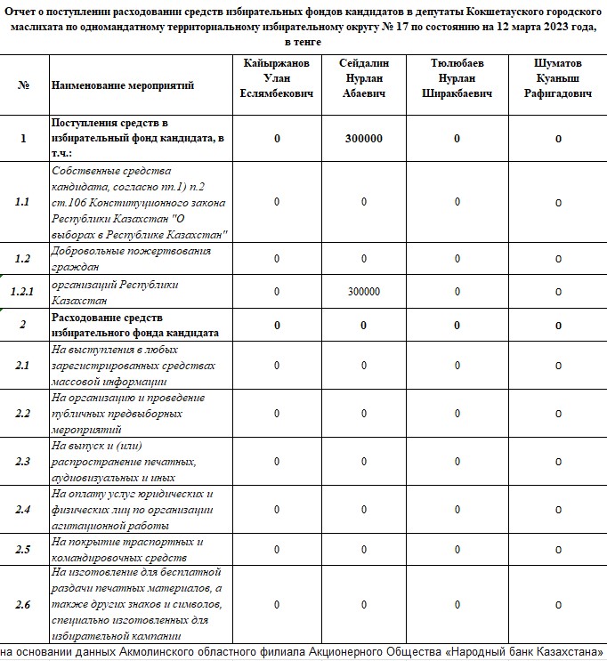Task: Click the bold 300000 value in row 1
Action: [364, 139]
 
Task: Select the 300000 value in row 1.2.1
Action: [364, 292]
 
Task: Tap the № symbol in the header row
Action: [23, 85]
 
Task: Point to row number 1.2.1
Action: [23, 292]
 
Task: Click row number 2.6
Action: [23, 605]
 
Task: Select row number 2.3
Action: [23, 462]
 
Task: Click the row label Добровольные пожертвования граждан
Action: [131, 258]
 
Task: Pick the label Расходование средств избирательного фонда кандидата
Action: [134, 325]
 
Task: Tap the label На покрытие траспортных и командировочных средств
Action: [127, 549]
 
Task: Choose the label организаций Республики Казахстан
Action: [115, 292]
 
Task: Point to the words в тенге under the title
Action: [303, 43]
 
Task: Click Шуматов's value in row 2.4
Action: [558, 510]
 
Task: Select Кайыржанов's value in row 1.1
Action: [277, 202]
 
